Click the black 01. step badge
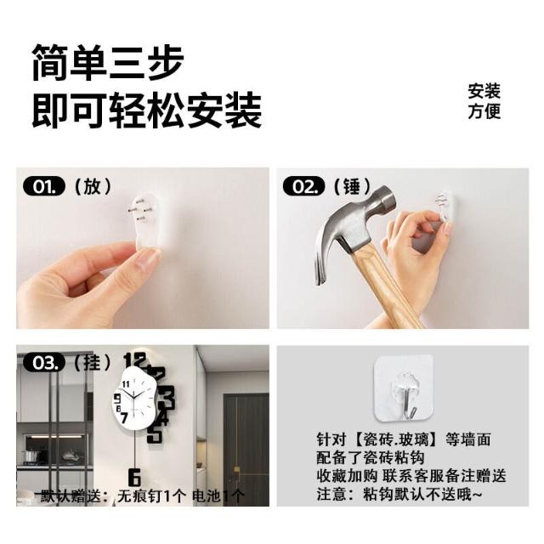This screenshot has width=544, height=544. pos(44,186)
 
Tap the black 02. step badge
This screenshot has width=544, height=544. pos(304,186)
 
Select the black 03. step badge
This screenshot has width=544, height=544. pos(44,363)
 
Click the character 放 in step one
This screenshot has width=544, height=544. pos(93,186)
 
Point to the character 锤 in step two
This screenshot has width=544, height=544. pos(352,186)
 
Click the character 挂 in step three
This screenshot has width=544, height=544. pos(93,363)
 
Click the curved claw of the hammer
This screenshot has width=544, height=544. pos(324,257)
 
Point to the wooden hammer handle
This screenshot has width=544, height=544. pos(382,285)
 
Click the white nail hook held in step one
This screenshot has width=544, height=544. pos(150,221)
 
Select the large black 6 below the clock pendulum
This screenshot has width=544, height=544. pos(134,478)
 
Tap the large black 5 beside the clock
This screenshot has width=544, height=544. pos(155,433)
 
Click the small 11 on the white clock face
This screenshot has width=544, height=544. pos(126,383)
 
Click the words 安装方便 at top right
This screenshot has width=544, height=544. pos(484,101)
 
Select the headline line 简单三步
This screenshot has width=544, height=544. pos(108,63)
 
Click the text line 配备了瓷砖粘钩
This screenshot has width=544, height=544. pos(371,457)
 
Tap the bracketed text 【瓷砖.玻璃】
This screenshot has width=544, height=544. pos(394,439)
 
